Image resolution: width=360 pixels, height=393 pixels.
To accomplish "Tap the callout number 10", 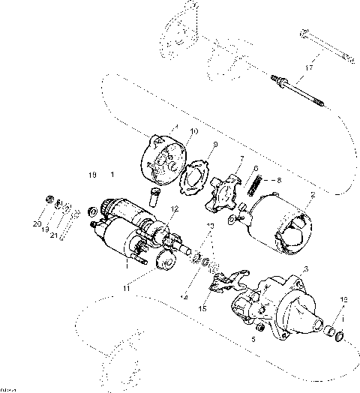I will pyautogui.click(x=193, y=132).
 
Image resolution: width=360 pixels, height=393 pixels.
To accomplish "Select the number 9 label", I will pyautogui.click(x=214, y=144).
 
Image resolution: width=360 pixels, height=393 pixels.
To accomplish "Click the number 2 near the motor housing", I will pyautogui.click(x=313, y=195).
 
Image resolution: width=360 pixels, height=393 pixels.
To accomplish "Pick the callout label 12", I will pyautogui.click(x=174, y=209).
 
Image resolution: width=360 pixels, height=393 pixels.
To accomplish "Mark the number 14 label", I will pyautogui.click(x=182, y=298).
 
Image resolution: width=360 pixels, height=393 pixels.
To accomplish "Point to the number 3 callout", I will pyautogui.click(x=306, y=268).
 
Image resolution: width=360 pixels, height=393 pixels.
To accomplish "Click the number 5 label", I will pyautogui.click(x=253, y=339).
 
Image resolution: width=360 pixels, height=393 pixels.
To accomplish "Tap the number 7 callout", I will pyautogui.click(x=241, y=158).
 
